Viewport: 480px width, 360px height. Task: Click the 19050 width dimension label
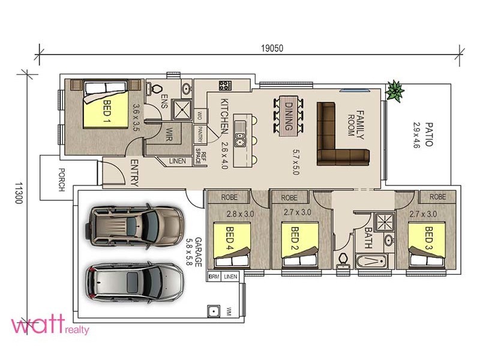click(x=272, y=49)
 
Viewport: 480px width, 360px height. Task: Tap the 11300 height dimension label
click(x=19, y=193)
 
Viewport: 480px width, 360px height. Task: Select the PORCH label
click(x=62, y=179)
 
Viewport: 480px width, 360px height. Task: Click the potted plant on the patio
click(x=395, y=91)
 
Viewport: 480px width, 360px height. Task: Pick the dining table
click(x=289, y=115)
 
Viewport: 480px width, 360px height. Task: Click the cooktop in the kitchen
click(x=225, y=85)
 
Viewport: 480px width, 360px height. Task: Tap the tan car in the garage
click(x=134, y=226)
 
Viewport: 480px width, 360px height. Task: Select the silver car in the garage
click(x=135, y=282)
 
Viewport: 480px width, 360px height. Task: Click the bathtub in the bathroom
click(x=371, y=261)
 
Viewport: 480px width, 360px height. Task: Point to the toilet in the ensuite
click(x=155, y=89)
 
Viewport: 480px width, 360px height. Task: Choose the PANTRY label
click(x=200, y=134)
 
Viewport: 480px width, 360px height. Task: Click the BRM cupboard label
click(x=214, y=277)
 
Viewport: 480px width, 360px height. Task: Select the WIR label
click(x=169, y=134)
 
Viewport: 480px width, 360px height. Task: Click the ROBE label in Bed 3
click(x=437, y=197)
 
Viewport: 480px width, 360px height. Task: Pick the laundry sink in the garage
click(x=214, y=311)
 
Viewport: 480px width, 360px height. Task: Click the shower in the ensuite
click(x=182, y=109)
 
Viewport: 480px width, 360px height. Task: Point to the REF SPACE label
click(x=201, y=156)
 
